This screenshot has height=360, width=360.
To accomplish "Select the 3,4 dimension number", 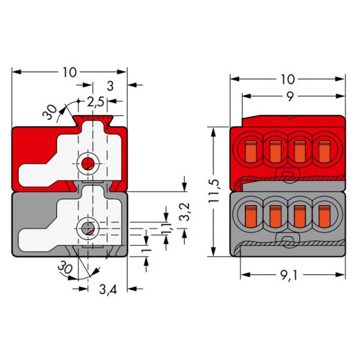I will [107, 290].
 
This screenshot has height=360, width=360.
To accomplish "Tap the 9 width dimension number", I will [289, 96].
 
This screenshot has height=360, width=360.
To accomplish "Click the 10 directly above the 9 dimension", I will [287, 79].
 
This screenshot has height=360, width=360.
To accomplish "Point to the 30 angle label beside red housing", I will [50, 112].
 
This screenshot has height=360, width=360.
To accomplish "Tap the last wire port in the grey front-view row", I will [324, 214].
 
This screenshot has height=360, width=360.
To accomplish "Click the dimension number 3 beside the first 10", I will [110, 85].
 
